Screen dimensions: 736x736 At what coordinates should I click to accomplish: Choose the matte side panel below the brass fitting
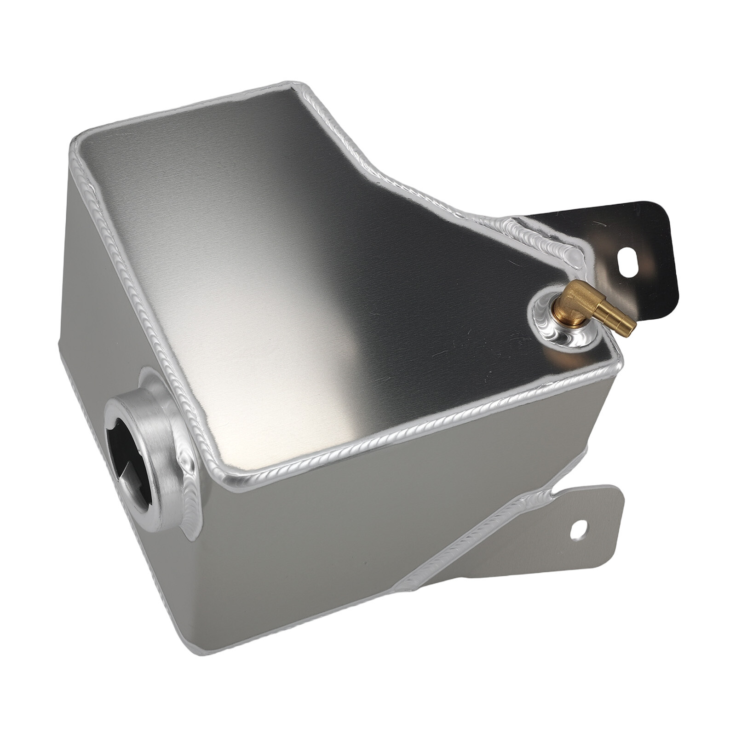[529, 460]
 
